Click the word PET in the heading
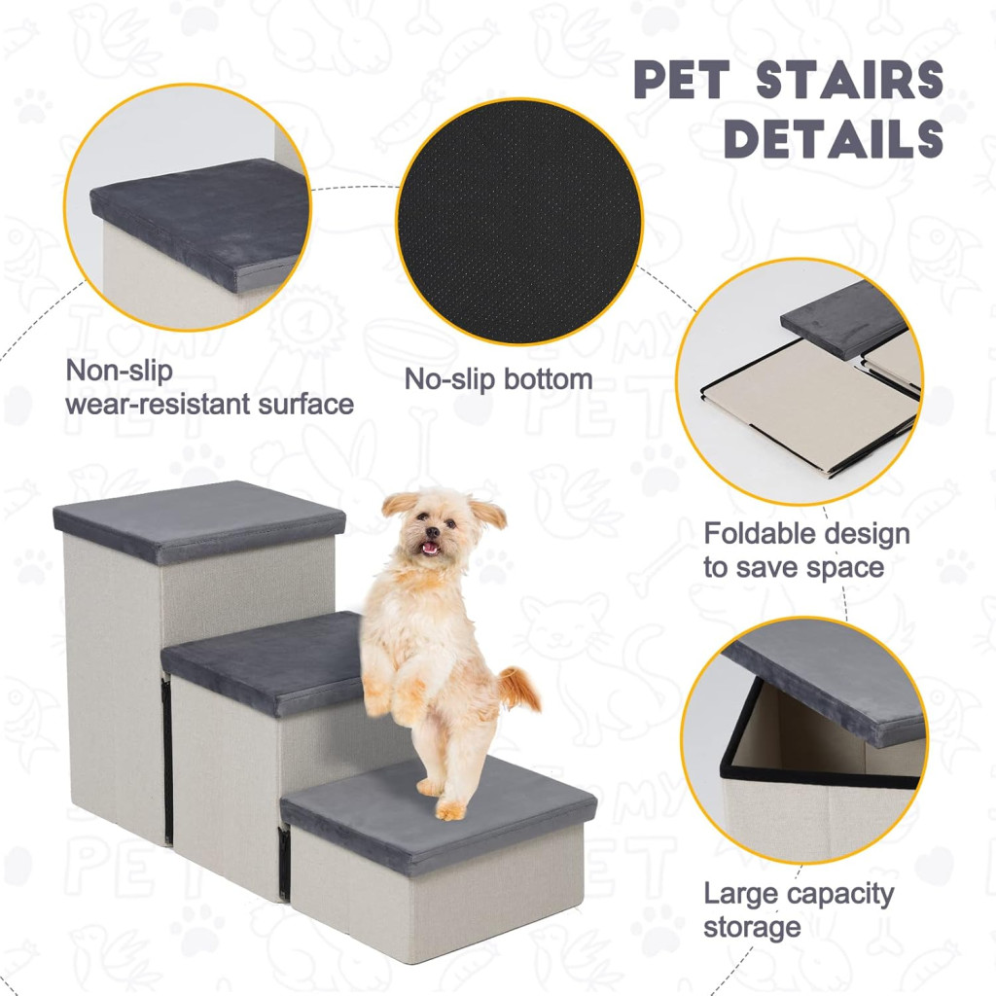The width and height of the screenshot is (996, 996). pos(682,80)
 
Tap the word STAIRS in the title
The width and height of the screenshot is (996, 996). pos(850,80)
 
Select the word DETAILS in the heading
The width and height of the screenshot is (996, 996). pos(834,138)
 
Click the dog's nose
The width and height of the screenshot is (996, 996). pos(432,532)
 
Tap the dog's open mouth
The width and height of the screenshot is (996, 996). pos(431,547)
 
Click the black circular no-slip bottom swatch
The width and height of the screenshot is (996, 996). pos(519,222)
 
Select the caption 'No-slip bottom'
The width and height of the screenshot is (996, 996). pos(499,379)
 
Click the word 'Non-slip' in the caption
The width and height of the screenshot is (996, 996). pos(120,371)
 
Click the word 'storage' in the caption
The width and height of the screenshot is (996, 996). pos(752,927)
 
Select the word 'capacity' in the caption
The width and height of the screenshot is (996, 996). pos(839,895)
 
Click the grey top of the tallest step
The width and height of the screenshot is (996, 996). pos(198,516)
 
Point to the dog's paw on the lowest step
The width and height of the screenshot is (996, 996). pos(450,810)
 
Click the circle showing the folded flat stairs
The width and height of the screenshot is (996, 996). pos(800,381)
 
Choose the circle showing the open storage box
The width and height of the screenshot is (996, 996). pos(803,740)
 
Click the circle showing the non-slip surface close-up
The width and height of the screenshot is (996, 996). pos(188,207)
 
